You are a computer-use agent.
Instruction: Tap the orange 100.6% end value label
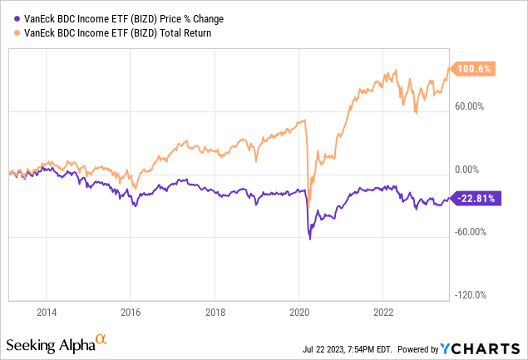pos(471,70)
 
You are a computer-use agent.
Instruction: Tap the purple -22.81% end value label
pos(474,198)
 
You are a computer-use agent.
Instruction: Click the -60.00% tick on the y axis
pos(471,232)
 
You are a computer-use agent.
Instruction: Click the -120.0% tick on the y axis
pos(471,295)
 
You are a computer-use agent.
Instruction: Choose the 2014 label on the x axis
pos(47,313)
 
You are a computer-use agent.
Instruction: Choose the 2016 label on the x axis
pos(131,313)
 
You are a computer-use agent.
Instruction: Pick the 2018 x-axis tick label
pos(215,313)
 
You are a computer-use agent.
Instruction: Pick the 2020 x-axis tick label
pos(299,313)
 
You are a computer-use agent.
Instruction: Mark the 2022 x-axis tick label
pos(382,313)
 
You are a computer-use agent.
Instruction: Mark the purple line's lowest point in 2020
pos(310,239)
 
